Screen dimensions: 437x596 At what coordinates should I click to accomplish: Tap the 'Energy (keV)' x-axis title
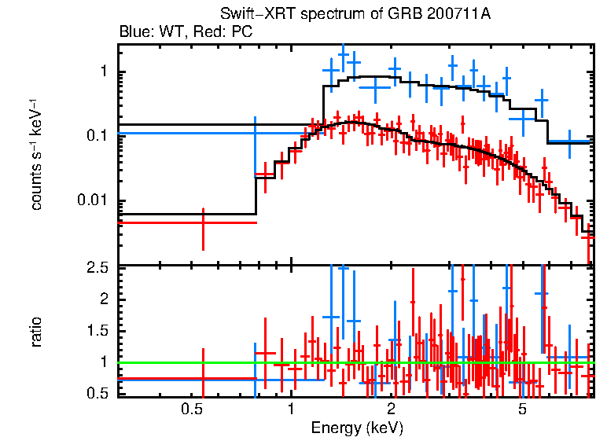coord(356,428)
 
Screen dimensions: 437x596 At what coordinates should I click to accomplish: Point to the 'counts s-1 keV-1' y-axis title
coord(36,154)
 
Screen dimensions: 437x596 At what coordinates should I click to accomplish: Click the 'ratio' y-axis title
coord(36,332)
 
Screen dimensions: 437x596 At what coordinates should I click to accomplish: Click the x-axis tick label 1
coord(291,409)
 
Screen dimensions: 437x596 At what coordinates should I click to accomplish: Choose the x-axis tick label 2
coord(392,409)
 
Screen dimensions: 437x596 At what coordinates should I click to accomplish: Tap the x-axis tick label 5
coord(523,409)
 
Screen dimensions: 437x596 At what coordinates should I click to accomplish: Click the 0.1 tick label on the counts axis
coord(96,136)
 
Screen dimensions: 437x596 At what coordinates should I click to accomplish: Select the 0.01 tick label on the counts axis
coord(91,200)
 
